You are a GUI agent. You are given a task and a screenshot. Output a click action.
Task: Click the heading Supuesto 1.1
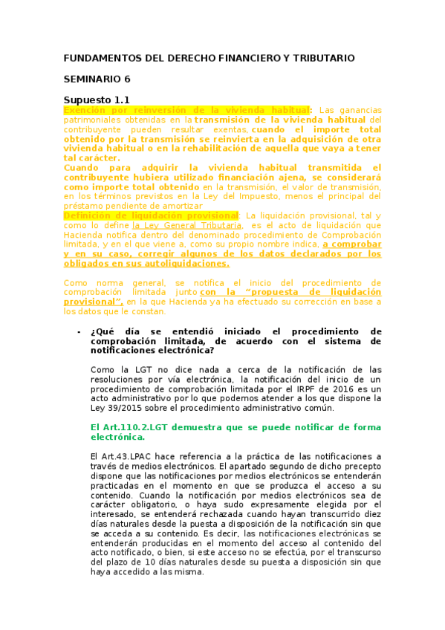point(97,100)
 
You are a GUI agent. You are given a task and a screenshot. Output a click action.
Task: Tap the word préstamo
point(82,206)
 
